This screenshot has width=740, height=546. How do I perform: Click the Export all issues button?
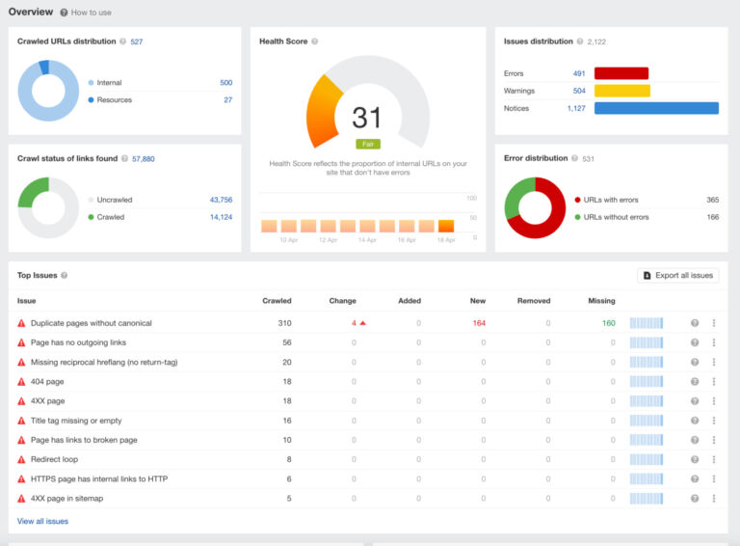pyautogui.click(x=677, y=275)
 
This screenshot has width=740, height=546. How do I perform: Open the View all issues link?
pyautogui.click(x=42, y=521)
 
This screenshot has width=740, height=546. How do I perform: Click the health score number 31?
pyautogui.click(x=367, y=118)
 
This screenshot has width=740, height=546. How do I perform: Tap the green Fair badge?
pyautogui.click(x=367, y=144)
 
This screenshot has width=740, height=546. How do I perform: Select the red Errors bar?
pyautogui.click(x=621, y=73)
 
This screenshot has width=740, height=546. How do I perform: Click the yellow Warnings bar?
pyautogui.click(x=621, y=91)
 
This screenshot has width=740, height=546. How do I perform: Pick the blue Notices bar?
pyautogui.click(x=656, y=108)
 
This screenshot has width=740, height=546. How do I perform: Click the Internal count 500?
pyautogui.click(x=225, y=83)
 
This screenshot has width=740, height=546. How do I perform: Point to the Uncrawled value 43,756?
pyautogui.click(x=221, y=200)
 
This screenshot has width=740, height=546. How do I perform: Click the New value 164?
pyautogui.click(x=479, y=323)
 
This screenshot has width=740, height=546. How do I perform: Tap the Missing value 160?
pyautogui.click(x=608, y=323)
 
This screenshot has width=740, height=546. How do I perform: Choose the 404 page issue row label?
pyautogui.click(x=47, y=381)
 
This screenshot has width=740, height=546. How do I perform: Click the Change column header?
pyautogui.click(x=342, y=301)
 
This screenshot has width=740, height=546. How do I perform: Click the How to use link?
pyautogui.click(x=91, y=13)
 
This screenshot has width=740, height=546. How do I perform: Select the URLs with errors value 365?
pyautogui.click(x=712, y=200)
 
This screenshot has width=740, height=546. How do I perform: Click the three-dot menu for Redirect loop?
pyautogui.click(x=714, y=459)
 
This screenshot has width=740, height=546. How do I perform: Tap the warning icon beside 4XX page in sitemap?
pyautogui.click(x=21, y=499)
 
